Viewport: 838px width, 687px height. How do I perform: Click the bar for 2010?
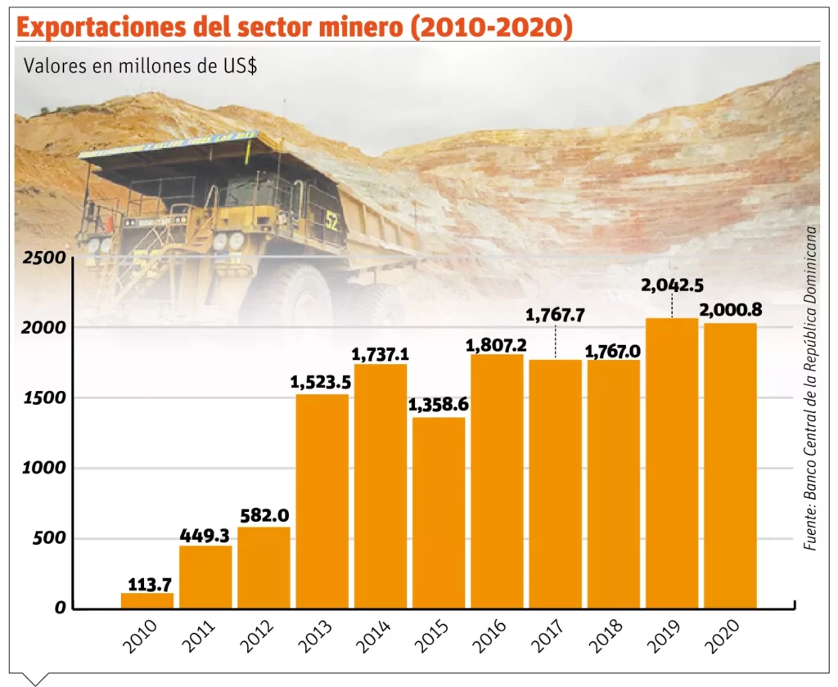(147, 600)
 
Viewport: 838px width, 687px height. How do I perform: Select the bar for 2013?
(322, 501)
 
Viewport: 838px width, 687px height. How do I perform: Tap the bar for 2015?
(439, 513)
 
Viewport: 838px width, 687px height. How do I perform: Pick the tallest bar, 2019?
(672, 463)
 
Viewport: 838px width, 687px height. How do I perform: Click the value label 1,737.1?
(380, 354)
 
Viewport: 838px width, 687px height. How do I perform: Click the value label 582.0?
(264, 516)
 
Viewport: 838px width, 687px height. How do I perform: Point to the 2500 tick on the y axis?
(43, 258)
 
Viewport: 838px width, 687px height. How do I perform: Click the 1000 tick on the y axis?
(43, 469)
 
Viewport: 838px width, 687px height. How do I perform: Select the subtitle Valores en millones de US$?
(141, 66)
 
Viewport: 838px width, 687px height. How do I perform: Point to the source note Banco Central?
(811, 385)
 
